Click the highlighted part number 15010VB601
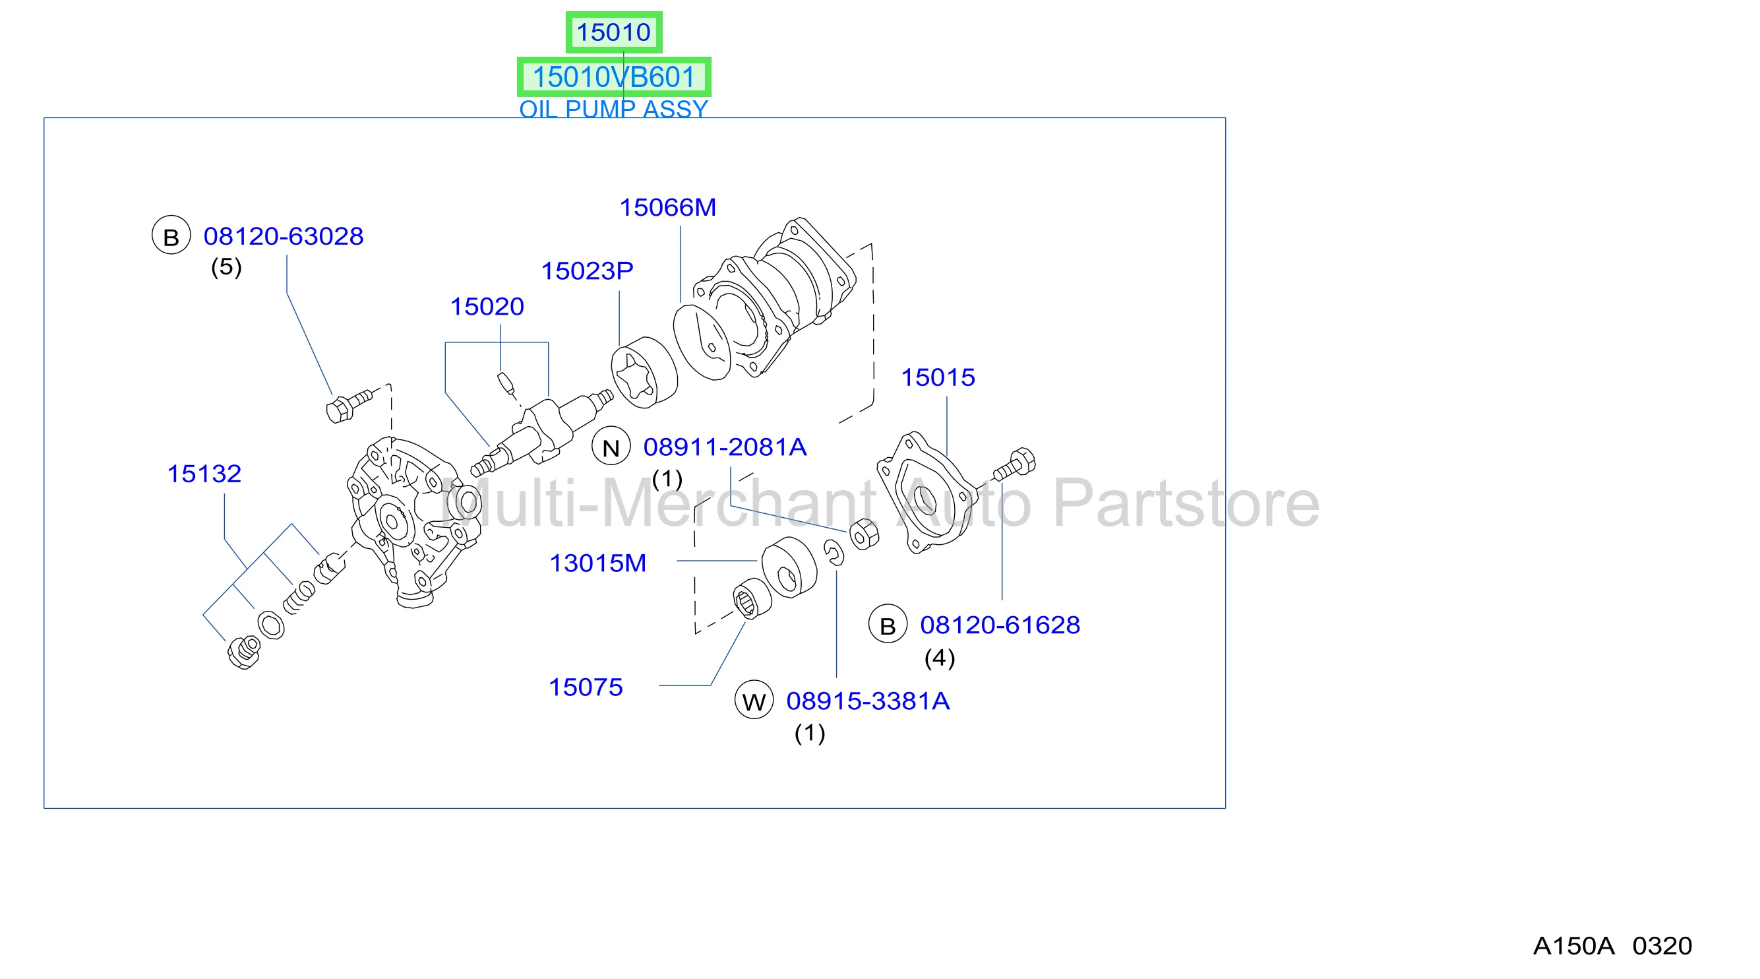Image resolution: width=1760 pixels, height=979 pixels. pyautogui.click(x=613, y=77)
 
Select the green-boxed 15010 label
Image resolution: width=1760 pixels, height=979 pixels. pyautogui.click(x=613, y=32)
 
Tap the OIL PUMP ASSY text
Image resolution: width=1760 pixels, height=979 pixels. pyautogui.click(x=613, y=109)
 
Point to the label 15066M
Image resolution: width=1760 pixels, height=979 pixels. pyautogui.click(x=667, y=207)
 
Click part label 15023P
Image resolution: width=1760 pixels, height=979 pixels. pyautogui.click(x=587, y=270)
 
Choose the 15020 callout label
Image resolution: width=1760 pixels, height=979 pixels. pyautogui.click(x=487, y=306)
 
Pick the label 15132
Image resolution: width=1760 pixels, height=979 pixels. pyautogui.click(x=204, y=474)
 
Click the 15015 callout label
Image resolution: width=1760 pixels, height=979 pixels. pyautogui.click(x=938, y=377)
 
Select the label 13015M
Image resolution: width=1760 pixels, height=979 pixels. pyautogui.click(x=598, y=563)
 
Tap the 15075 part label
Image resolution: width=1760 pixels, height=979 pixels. pyautogui.click(x=586, y=687)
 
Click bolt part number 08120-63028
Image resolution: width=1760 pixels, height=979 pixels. pyautogui.click(x=284, y=236)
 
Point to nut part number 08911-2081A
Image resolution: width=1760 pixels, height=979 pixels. pyautogui.click(x=725, y=447)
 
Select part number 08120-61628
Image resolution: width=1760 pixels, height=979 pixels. pyautogui.click(x=1000, y=625)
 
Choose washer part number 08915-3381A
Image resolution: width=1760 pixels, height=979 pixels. pyautogui.click(x=868, y=701)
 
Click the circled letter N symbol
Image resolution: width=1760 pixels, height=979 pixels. pyautogui.click(x=611, y=447)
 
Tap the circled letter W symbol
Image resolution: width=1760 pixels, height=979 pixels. pyautogui.click(x=754, y=701)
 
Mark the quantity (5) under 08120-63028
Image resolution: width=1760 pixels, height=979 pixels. pyautogui.click(x=226, y=267)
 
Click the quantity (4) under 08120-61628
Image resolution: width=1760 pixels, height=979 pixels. pyautogui.click(x=940, y=658)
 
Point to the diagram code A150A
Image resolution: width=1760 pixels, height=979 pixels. pyautogui.click(x=1573, y=946)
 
